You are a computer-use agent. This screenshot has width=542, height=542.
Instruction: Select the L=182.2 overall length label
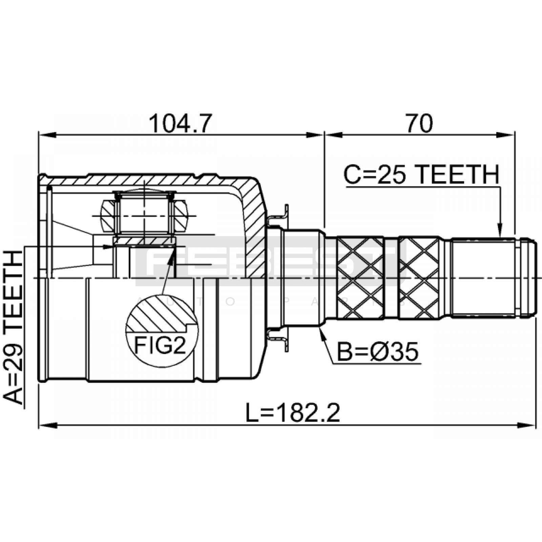click(x=293, y=413)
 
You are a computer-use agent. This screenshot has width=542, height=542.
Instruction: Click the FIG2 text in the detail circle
click(x=160, y=345)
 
